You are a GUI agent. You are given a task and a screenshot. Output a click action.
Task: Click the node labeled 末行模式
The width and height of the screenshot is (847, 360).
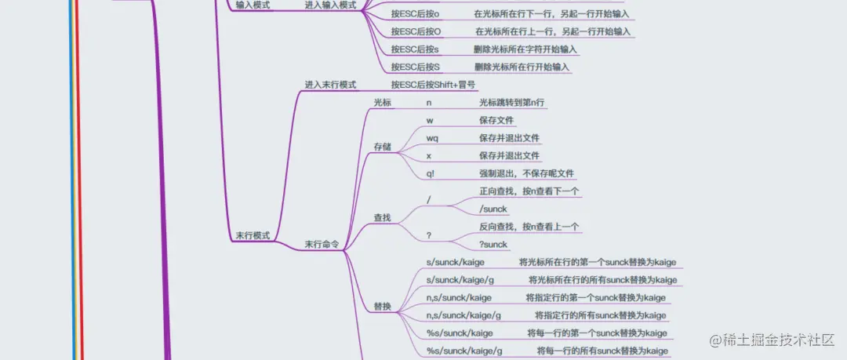coord(253,235)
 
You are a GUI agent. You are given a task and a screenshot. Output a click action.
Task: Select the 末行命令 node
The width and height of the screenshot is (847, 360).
coord(322,245)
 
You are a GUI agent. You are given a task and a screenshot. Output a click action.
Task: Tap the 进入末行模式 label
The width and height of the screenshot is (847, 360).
coord(330,85)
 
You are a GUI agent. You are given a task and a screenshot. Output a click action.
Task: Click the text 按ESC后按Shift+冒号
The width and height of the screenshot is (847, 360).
coord(433,85)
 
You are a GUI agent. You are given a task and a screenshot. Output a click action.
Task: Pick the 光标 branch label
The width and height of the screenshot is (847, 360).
coord(383,103)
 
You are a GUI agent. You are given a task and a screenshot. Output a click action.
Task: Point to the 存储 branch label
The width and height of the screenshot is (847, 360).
coord(383,147)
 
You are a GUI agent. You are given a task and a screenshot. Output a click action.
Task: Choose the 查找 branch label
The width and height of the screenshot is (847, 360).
coord(383,217)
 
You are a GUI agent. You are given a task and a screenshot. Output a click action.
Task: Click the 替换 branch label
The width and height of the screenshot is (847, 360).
coord(383,306)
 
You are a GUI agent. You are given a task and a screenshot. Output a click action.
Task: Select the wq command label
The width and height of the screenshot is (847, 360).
coord(432,138)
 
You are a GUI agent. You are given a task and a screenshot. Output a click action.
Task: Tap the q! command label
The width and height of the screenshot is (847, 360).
coord(431,173)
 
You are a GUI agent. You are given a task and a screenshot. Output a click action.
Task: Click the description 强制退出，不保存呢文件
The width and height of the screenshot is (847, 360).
coord(527,173)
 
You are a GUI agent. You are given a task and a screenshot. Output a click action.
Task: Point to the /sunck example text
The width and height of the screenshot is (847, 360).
coord(493,209)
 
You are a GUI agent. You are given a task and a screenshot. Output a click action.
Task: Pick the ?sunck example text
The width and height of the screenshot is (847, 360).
coord(493,244)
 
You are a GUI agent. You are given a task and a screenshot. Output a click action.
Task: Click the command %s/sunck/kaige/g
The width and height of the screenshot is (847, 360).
coord(464,351)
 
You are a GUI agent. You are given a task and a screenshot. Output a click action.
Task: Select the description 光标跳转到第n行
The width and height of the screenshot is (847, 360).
coord(512,103)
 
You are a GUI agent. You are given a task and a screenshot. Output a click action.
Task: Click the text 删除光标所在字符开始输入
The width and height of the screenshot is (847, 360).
coord(525,49)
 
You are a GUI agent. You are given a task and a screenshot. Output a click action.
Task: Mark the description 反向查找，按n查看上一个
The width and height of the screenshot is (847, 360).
coord(529,227)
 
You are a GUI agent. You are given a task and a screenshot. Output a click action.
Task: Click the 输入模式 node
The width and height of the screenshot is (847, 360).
coord(253,5)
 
